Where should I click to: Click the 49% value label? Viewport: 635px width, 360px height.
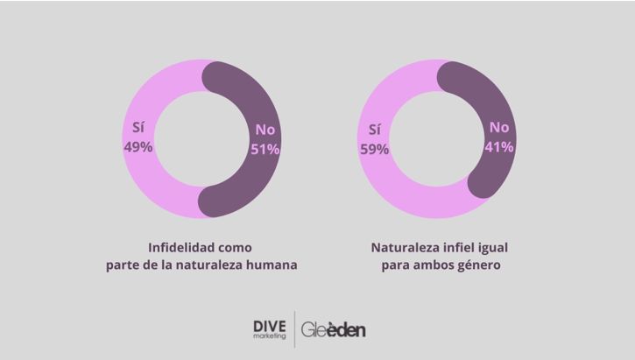138,147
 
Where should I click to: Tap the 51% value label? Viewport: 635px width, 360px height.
265,149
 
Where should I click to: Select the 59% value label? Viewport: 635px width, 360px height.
373,149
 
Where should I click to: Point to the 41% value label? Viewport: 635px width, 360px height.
498,147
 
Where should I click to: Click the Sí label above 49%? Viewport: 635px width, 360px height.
138,127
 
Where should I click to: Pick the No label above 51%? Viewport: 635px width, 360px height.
265,130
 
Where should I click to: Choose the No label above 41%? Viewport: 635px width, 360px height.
498,128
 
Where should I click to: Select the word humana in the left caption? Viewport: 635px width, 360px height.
272,265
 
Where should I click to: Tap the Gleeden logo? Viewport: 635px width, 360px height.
334,330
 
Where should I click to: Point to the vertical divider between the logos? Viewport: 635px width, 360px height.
294,330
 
